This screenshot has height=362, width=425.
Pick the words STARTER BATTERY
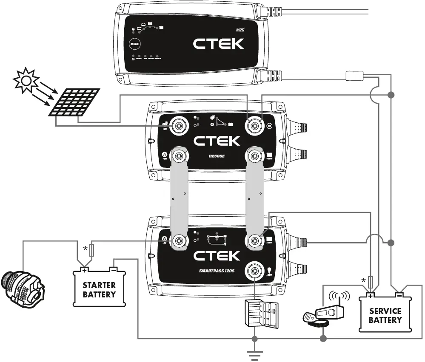(99, 289)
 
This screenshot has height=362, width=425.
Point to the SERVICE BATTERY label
(385, 316)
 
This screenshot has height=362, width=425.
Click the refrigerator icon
(261, 314)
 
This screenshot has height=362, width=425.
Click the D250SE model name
(216, 157)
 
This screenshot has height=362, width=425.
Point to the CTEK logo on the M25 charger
(218, 43)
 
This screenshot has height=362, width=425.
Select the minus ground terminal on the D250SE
(255, 125)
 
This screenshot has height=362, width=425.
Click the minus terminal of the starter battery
(113, 269)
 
